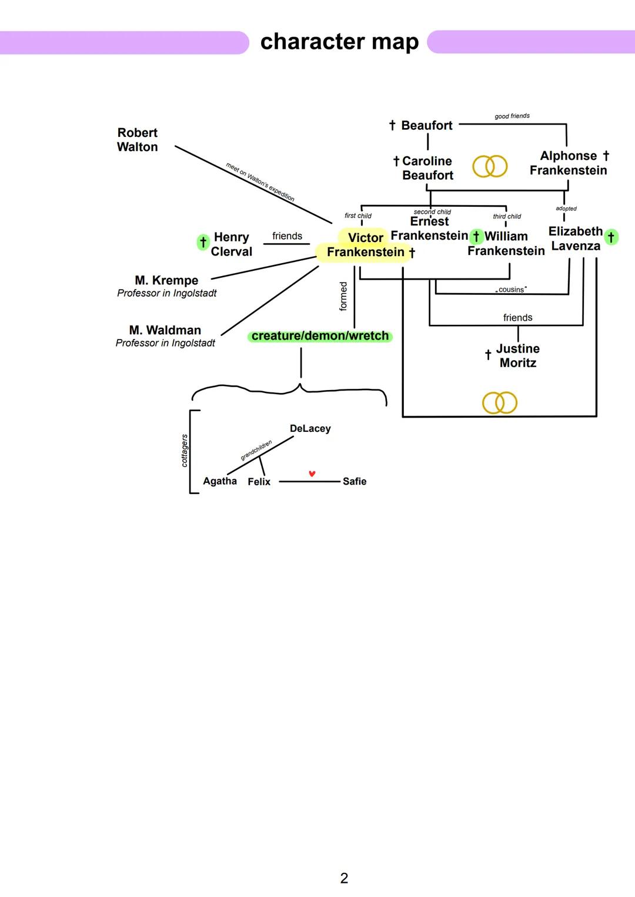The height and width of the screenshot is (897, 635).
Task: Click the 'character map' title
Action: pyautogui.click(x=339, y=42)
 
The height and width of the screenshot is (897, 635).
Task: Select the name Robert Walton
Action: pyautogui.click(x=137, y=140)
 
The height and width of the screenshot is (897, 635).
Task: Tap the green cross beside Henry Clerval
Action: pyautogui.click(x=203, y=242)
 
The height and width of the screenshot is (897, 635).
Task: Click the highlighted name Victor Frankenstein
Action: pyautogui.click(x=365, y=245)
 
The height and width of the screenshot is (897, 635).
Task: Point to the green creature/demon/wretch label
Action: pyautogui.click(x=320, y=336)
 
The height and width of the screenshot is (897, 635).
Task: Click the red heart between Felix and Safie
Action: pyautogui.click(x=312, y=473)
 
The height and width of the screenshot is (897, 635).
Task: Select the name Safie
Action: pyautogui.click(x=354, y=482)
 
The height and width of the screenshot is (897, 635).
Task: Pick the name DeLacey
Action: pyautogui.click(x=310, y=429)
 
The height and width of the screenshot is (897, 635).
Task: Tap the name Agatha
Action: pyautogui.click(x=219, y=481)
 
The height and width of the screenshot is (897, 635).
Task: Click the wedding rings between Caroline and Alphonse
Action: pyautogui.click(x=490, y=166)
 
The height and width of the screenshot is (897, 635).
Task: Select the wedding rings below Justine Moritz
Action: pyautogui.click(x=499, y=403)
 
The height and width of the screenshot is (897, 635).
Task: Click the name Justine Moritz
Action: pyautogui.click(x=517, y=355)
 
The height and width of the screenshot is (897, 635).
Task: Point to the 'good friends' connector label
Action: pyautogui.click(x=512, y=116)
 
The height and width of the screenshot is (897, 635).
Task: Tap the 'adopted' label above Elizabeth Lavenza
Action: pyautogui.click(x=566, y=209)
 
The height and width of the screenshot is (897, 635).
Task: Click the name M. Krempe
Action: pyautogui.click(x=166, y=280)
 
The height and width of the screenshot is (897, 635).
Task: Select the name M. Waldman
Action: pyautogui.click(x=165, y=330)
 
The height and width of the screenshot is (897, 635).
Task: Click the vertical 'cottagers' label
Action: pyautogui.click(x=185, y=451)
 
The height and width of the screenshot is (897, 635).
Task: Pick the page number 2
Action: pyautogui.click(x=344, y=878)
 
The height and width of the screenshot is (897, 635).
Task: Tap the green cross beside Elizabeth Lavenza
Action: pyautogui.click(x=611, y=237)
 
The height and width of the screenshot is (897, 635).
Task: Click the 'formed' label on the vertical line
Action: pyautogui.click(x=344, y=296)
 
